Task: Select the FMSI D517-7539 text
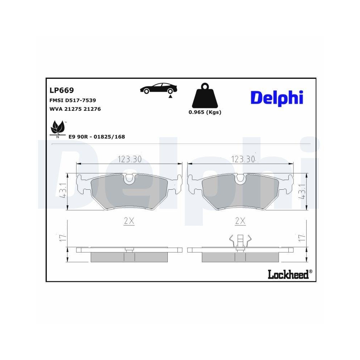coord(72,100)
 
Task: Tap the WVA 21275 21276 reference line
coord(75,109)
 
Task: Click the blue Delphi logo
coord(276,98)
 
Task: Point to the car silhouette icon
coord(158,88)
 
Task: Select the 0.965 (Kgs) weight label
coord(205,112)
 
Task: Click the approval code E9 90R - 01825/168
coord(96,137)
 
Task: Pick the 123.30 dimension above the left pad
coord(129,159)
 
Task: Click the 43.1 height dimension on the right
coord(302,192)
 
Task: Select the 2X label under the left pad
coord(129,222)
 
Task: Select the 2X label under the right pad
coord(240,222)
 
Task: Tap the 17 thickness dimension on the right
coord(302,238)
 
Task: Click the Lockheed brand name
coord(288,275)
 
